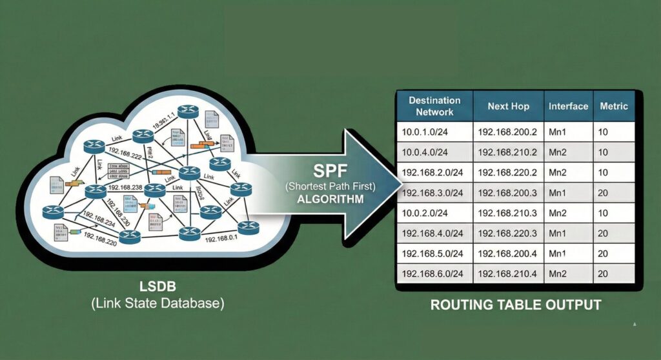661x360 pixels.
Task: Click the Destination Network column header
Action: (x=434, y=106)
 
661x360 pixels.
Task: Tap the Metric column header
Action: (x=614, y=106)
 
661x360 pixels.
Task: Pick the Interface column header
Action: (x=568, y=106)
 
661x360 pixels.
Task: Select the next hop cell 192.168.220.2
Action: (x=507, y=173)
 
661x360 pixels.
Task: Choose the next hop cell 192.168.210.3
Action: (x=507, y=214)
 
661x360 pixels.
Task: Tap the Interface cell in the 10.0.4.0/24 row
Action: (x=559, y=153)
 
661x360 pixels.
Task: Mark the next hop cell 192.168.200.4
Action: (x=507, y=254)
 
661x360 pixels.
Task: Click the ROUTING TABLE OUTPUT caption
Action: (x=516, y=305)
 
